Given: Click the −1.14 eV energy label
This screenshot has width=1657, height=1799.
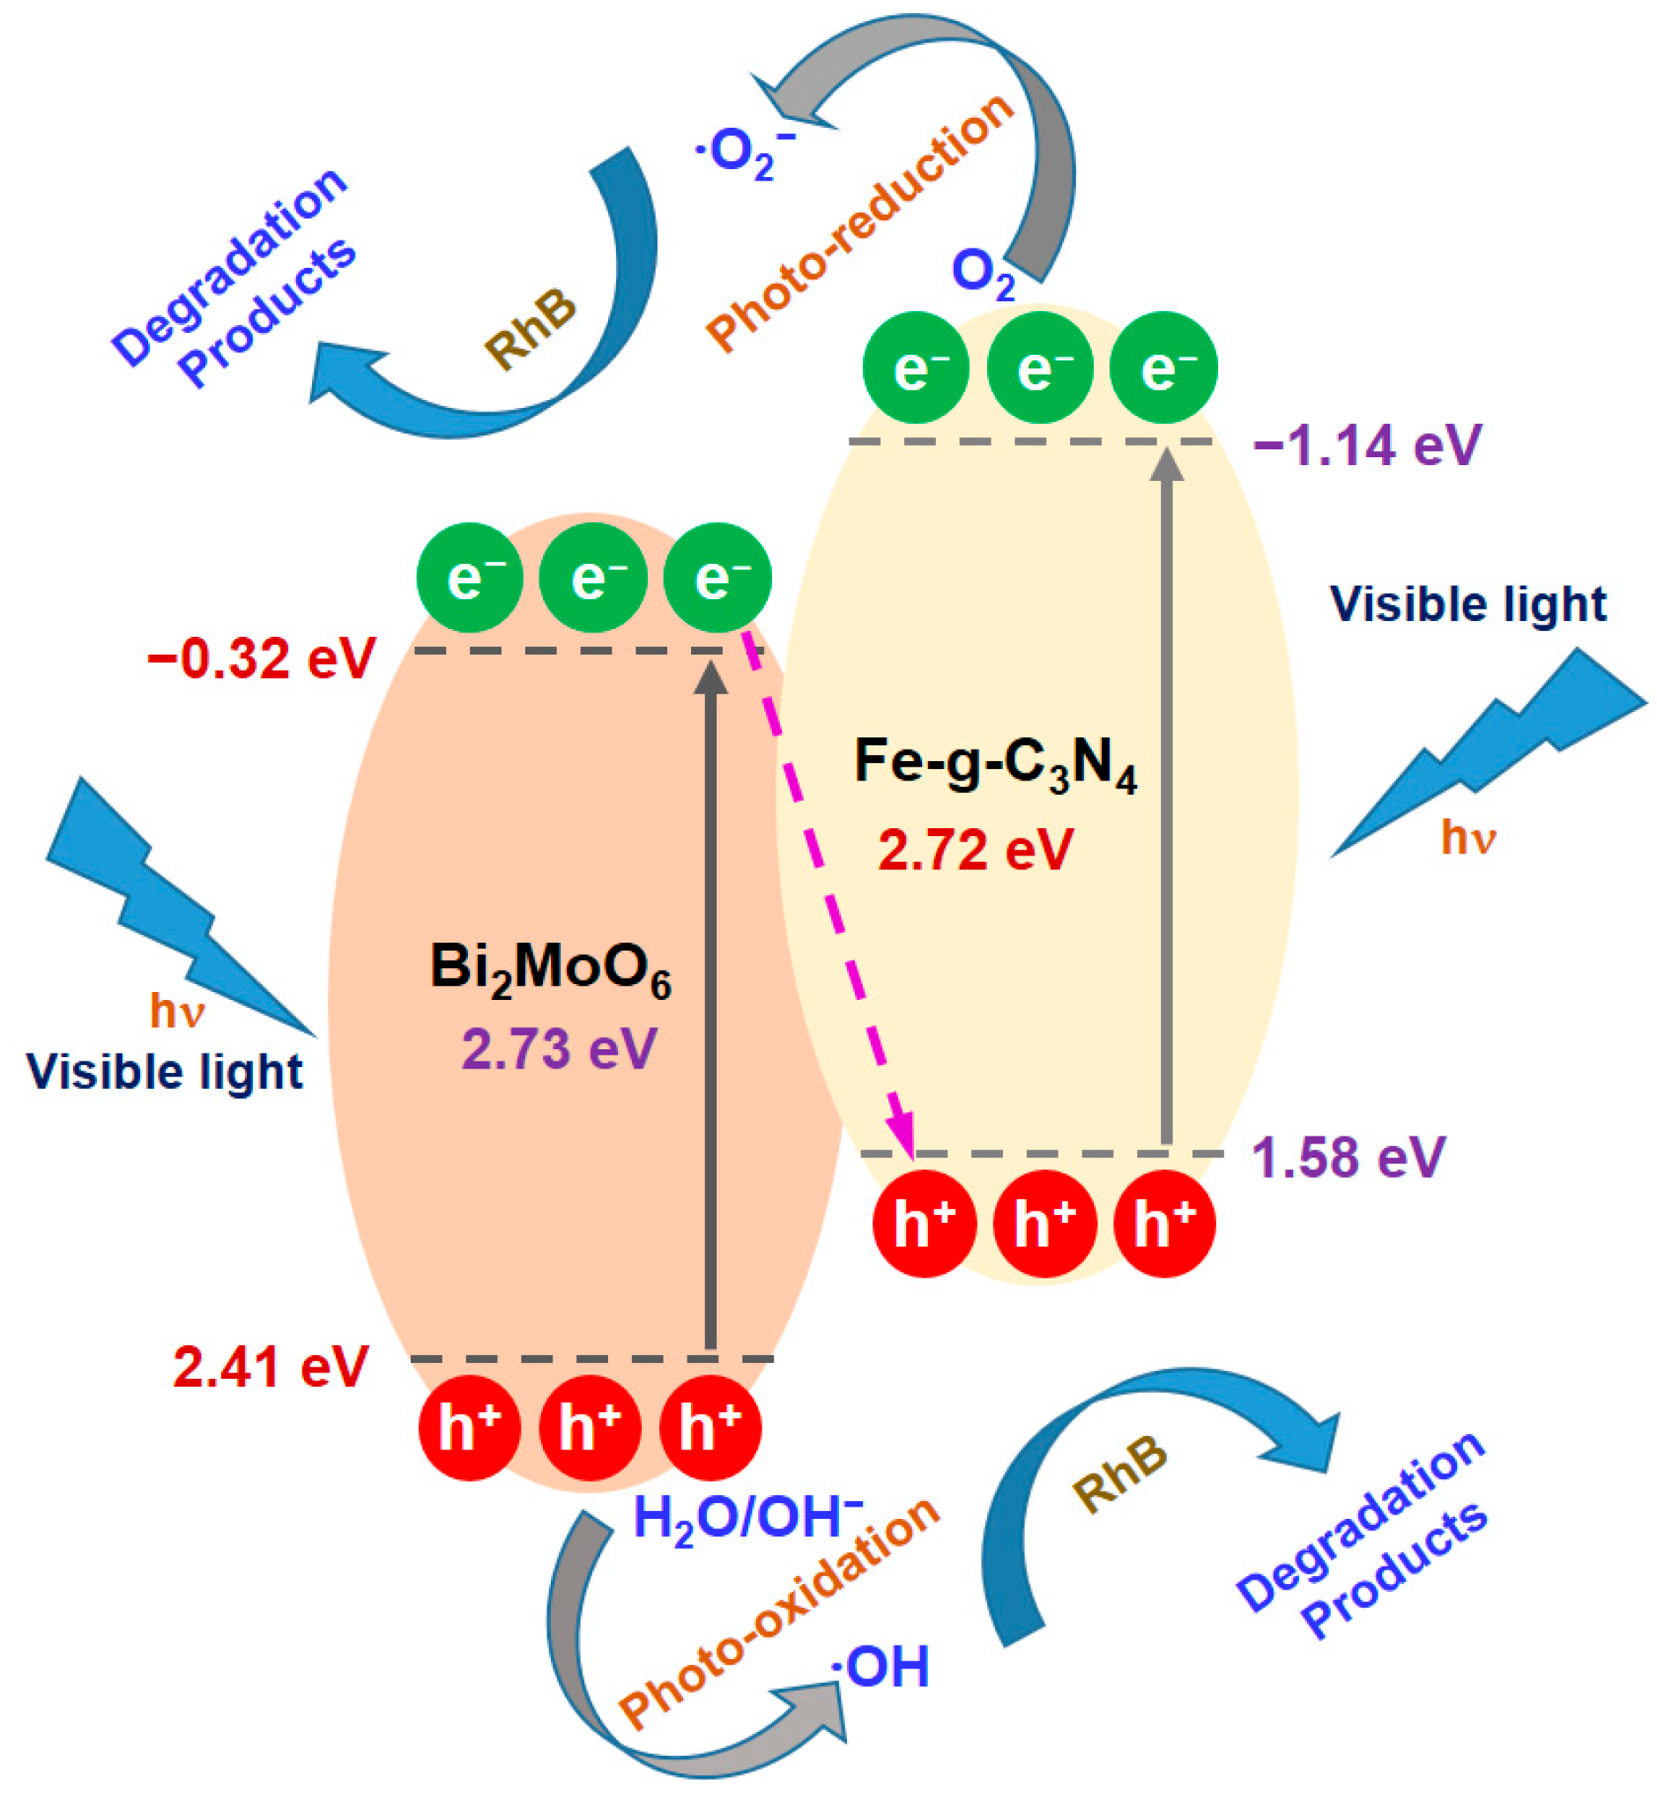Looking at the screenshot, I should (1367, 446).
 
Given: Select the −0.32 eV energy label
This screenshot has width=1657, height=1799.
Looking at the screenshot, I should (261, 660).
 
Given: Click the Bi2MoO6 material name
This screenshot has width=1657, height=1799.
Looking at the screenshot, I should (551, 970).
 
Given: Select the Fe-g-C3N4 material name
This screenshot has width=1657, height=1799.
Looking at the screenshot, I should (995, 764).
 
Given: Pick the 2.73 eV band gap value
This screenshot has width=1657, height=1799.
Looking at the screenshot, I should (560, 1049).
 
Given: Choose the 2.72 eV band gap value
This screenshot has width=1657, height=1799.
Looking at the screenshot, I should (976, 850).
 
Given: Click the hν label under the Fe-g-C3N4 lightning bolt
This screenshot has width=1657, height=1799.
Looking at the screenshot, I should (1468, 838).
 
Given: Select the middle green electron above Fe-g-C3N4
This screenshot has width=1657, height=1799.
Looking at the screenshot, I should (1039, 368).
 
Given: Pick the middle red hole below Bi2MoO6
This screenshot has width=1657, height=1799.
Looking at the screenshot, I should (590, 1428).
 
